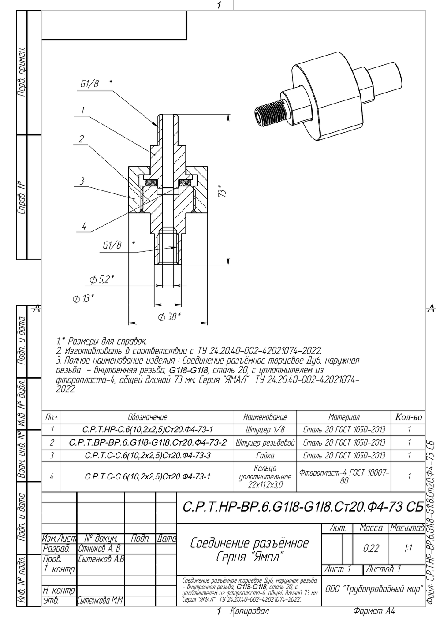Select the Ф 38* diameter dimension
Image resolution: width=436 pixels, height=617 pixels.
pyautogui.click(x=169, y=317)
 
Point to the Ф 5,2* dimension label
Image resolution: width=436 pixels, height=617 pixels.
pyautogui.click(x=102, y=280)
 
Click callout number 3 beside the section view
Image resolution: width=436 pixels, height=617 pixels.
pyautogui.click(x=82, y=181)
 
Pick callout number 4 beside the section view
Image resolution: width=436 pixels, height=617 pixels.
pyautogui.click(x=84, y=227)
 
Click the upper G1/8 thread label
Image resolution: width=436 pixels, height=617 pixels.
pyautogui.click(x=89, y=84)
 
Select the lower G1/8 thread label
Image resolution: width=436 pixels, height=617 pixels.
pyautogui.click(x=112, y=245)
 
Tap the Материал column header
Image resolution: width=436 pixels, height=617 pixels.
pyautogui.click(x=344, y=417)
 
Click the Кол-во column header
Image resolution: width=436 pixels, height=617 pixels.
pyautogui.click(x=408, y=417)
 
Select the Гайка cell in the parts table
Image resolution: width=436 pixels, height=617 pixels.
pyautogui.click(x=265, y=455)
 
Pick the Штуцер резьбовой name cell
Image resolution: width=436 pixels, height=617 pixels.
pyautogui.click(x=265, y=442)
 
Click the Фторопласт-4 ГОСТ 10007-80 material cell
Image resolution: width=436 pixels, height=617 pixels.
pyautogui.click(x=344, y=476)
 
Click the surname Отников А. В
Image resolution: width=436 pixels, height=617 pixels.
pyautogui.click(x=100, y=548)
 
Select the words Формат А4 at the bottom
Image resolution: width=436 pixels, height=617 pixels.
pyautogui.click(x=374, y=611)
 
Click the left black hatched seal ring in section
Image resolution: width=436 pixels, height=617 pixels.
pyautogui.click(x=151, y=182)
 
